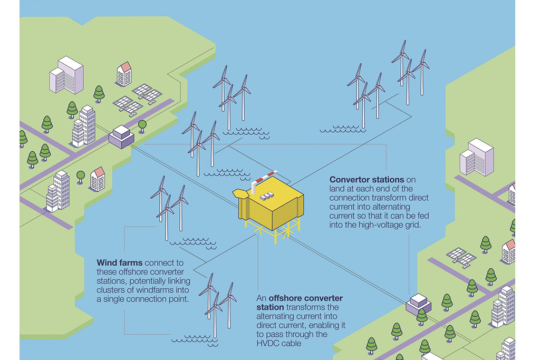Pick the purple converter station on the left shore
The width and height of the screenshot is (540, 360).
coord(122,136)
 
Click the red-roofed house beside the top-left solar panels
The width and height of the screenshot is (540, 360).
coord(124,74)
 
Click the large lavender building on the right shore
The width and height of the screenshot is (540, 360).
coord(477,157)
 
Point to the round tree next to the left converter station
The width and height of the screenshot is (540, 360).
coord(142,125)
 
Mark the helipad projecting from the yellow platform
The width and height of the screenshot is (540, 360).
coord(240,194)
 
